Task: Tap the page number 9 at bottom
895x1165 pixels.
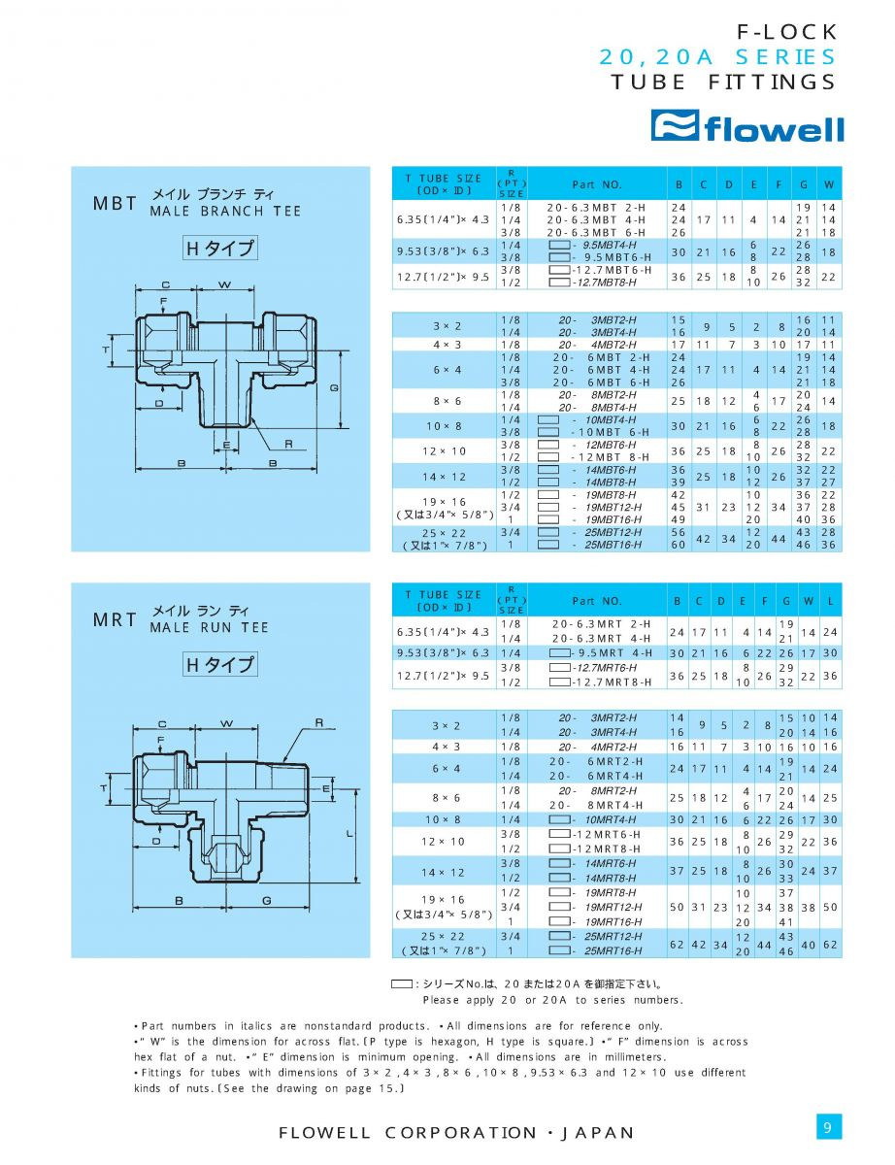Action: click(x=827, y=1127)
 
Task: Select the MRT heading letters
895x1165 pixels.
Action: click(x=115, y=620)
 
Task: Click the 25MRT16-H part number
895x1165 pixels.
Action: click(x=611, y=950)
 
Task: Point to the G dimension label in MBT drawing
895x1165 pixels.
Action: click(x=334, y=387)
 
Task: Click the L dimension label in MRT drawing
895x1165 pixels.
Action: click(x=348, y=834)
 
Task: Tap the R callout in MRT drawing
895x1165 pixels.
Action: click(x=319, y=723)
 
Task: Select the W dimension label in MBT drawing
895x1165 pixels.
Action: click(x=224, y=285)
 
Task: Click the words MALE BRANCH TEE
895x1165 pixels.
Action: click(x=225, y=212)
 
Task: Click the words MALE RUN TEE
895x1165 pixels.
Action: click(x=209, y=628)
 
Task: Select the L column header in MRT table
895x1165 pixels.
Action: click(x=831, y=601)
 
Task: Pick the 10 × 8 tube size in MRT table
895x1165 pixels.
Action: click(x=443, y=819)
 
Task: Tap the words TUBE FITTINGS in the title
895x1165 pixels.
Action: click(x=723, y=82)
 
